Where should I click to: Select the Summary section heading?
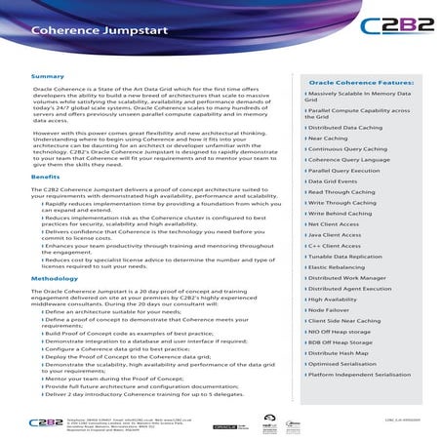tap(48, 76)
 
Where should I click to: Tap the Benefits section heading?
tap(46, 178)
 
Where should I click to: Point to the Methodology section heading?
tap(55, 279)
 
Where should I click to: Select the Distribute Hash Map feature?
tap(339, 352)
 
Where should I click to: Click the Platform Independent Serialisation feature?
tap(362, 374)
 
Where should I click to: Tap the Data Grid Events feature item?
tap(333, 181)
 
